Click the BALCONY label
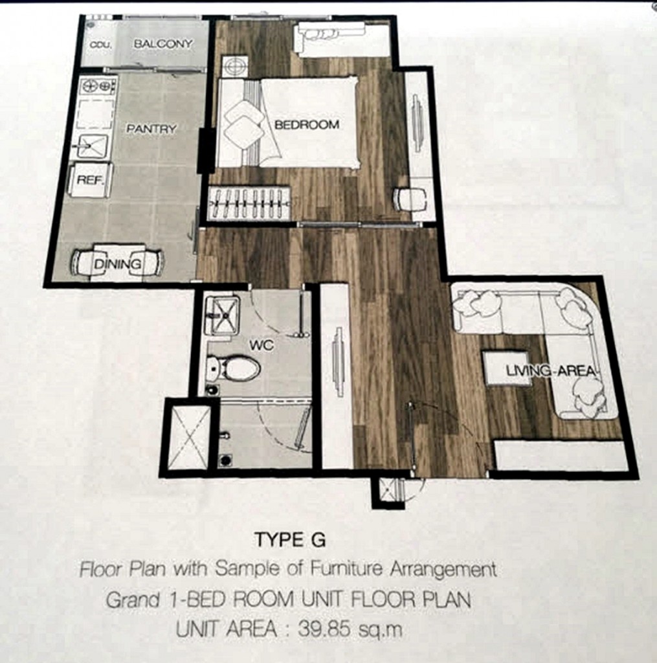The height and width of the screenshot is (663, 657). (163, 44)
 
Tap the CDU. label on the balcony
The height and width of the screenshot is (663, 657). (101, 45)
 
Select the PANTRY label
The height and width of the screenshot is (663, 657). (151, 129)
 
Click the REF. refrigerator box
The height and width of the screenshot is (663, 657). (90, 180)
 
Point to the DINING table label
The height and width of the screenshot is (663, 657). (117, 264)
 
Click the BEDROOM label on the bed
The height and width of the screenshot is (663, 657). (306, 124)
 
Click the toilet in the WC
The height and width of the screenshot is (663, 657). (234, 368)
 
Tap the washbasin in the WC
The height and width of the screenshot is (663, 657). (222, 315)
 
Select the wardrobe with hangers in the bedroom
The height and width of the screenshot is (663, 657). (249, 203)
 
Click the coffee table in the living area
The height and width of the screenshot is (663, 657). (507, 368)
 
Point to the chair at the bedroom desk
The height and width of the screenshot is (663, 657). (410, 199)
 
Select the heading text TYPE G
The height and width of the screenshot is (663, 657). (288, 539)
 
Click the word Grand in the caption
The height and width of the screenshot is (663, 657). (132, 600)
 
